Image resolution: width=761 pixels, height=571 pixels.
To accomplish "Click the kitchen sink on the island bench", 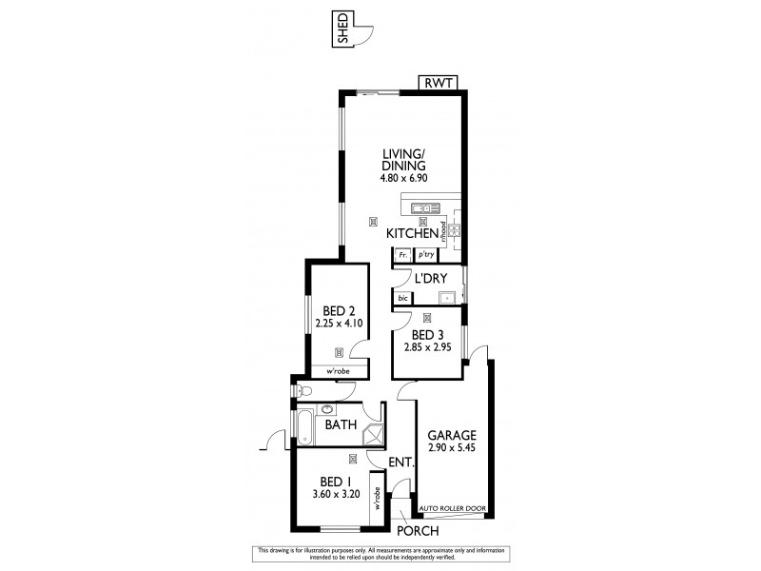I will [424, 207].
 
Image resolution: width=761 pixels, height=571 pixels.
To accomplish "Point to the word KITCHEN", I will [411, 233].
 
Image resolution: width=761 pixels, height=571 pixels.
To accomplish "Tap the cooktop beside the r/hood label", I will [455, 230].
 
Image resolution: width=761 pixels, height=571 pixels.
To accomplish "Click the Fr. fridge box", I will [403, 255].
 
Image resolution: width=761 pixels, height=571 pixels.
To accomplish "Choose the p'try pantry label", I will [425, 255].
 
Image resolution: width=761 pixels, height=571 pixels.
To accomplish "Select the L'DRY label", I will [431, 279].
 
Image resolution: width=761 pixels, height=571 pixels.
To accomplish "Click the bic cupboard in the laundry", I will [403, 298].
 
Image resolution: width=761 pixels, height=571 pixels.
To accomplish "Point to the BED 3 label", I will [429, 335].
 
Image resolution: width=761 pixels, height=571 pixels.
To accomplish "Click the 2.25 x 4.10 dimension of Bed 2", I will [338, 324].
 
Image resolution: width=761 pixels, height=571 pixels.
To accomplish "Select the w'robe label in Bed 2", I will [338, 371].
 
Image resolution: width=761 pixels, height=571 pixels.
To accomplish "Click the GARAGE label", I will [451, 434].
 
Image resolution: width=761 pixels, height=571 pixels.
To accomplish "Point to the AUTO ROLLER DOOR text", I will [452, 509].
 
